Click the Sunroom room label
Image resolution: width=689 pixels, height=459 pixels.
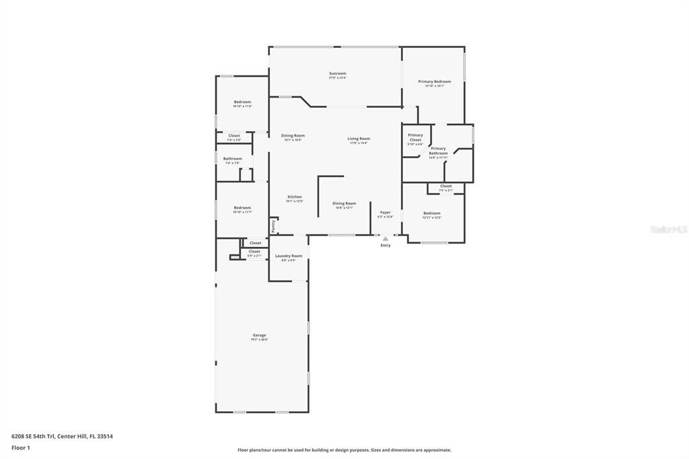[x=337, y=73]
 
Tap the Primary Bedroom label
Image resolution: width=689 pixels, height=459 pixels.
[x=434, y=81]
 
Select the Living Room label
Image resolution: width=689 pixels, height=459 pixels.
[x=359, y=139]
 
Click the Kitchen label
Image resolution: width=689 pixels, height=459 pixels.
[x=295, y=197]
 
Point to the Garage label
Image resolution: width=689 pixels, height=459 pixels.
[x=259, y=335]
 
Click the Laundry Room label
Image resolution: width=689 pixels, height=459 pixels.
[x=288, y=256]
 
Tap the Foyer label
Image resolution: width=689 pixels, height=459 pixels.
[x=385, y=213]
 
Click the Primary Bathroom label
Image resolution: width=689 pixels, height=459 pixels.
[x=438, y=151]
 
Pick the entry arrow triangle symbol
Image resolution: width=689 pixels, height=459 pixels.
[x=386, y=238]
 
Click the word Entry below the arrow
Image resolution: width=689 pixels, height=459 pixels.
[x=386, y=245]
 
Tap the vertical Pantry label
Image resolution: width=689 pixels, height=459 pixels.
[x=273, y=226]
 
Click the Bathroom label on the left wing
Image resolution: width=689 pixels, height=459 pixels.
[x=233, y=159]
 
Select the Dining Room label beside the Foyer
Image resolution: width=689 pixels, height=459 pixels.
[x=344, y=203]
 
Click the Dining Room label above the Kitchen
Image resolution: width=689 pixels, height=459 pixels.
[x=293, y=135]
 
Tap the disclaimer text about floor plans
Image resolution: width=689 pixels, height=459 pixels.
[x=344, y=450]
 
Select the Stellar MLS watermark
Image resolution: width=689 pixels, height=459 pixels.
[x=668, y=229]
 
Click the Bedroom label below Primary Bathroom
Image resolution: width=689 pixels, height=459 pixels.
[x=431, y=213]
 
